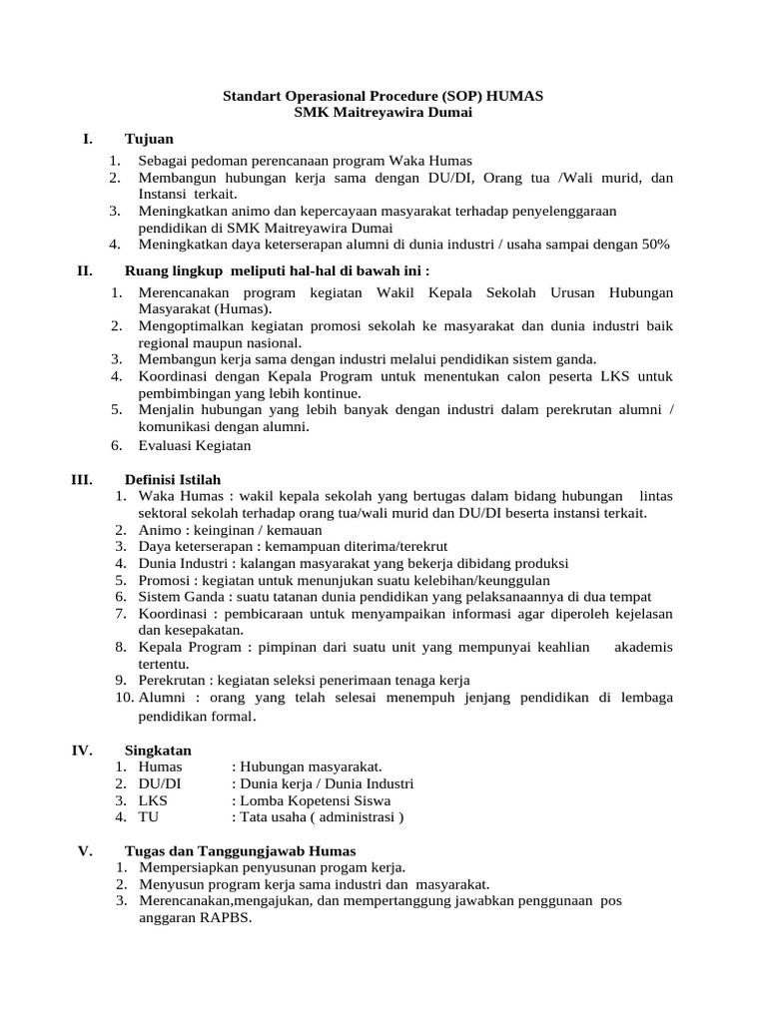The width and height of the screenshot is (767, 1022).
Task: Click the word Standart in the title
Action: (x=251, y=96)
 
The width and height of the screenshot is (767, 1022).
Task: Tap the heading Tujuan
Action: (x=149, y=139)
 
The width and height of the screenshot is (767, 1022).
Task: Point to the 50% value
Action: (x=654, y=244)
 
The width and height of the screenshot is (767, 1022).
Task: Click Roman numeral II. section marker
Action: (x=85, y=270)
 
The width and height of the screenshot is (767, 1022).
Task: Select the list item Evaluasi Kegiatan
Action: (x=195, y=445)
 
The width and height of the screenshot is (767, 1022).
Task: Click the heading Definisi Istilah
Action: (x=173, y=479)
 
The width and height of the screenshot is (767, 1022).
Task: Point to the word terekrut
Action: (x=420, y=547)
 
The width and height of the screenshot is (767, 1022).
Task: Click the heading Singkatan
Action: (x=158, y=750)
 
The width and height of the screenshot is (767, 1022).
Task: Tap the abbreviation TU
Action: (x=148, y=817)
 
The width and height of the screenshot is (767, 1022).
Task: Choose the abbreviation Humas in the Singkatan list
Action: (x=161, y=766)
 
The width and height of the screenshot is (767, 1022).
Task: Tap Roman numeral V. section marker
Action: (x=85, y=850)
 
